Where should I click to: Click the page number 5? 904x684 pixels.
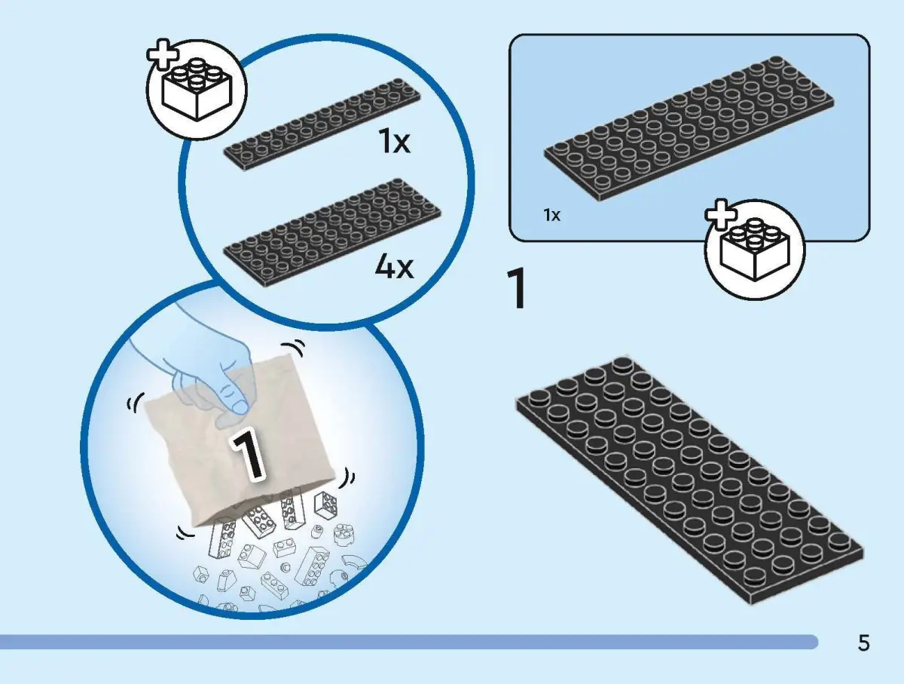pos(863,643)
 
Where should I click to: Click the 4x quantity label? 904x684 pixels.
pos(394,267)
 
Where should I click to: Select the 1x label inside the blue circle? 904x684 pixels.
pos(395,143)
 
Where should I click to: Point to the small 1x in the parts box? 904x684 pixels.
pos(552,215)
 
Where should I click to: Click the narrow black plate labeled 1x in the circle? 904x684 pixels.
pos(322,124)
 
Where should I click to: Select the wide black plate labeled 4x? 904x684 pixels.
pos(332,232)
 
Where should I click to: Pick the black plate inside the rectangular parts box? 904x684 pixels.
pos(689,129)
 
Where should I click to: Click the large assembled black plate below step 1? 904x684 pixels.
pos(689,480)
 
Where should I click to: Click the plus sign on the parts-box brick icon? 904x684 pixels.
pos(721,214)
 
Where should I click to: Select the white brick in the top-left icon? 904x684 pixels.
pos(197,90)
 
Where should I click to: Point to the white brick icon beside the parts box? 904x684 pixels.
pos(755,250)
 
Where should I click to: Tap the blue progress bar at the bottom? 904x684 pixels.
pos(408,642)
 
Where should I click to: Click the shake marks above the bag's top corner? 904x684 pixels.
pos(294,348)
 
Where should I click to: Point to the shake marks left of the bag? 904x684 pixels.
pos(136,403)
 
